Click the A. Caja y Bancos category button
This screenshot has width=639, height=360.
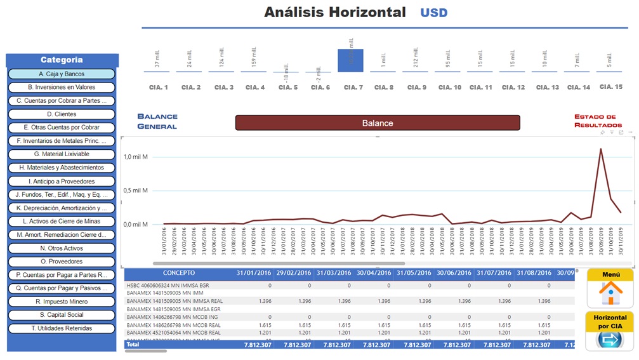(x=62, y=74)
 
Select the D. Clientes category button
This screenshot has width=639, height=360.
(x=62, y=114)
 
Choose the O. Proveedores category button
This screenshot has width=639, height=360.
(x=62, y=262)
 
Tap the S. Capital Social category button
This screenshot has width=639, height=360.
(x=62, y=315)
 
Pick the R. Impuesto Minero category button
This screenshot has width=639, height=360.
(x=62, y=302)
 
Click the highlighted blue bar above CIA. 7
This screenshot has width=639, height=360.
(x=350, y=60)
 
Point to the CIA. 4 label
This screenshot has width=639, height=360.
(x=255, y=87)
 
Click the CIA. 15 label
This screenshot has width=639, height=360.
(x=611, y=86)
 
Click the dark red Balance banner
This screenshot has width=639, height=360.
(x=378, y=123)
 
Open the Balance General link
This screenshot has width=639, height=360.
(x=157, y=121)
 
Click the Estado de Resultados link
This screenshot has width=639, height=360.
(x=595, y=121)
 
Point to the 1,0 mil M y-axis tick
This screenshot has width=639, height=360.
(x=136, y=156)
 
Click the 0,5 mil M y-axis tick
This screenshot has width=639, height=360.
(x=136, y=190)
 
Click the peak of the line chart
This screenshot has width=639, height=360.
(x=601, y=149)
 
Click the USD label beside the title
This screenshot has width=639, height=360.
(x=433, y=13)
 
